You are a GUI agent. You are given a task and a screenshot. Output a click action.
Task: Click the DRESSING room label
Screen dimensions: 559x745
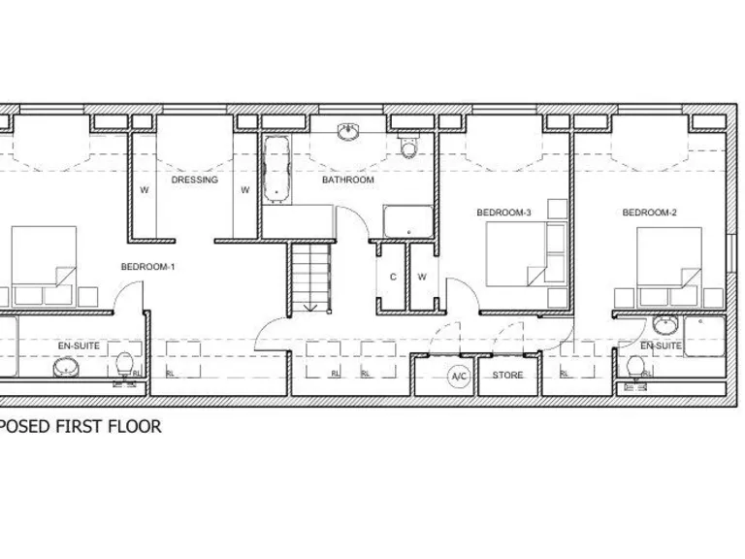194,180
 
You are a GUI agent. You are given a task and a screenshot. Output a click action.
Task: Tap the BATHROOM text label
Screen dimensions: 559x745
347,180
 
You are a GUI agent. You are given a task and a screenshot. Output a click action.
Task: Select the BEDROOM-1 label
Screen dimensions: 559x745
147,266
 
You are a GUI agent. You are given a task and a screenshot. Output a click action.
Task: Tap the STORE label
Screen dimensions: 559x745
507,376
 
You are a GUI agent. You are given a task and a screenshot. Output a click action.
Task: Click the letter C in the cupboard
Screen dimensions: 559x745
393,277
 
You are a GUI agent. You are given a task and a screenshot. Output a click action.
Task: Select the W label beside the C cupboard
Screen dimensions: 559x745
422,277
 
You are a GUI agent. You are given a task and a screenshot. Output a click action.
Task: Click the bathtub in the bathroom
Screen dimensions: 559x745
275,169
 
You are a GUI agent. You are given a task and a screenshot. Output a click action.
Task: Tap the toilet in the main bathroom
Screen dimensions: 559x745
407,146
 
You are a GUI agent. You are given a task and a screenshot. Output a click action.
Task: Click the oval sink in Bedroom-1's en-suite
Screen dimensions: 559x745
66,368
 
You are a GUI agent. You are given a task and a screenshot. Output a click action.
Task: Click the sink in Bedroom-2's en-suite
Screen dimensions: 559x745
665,325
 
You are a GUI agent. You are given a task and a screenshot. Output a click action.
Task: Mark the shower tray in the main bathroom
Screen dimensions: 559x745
407,221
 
